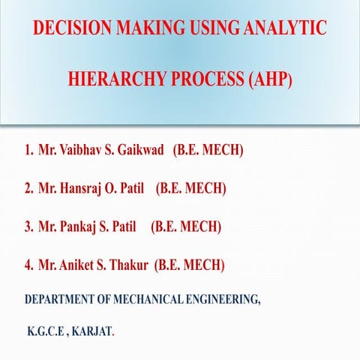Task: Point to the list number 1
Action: click(x=28, y=151)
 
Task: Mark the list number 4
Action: click(x=28, y=265)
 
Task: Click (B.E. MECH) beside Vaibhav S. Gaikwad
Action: click(x=208, y=151)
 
